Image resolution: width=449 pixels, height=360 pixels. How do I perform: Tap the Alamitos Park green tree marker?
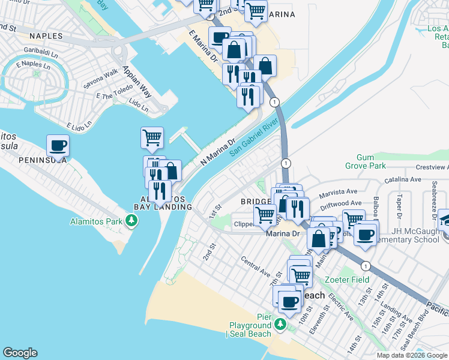pyautogui.click(x=131, y=221)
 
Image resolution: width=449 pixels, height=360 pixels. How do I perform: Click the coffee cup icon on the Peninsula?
pyautogui.click(x=58, y=146)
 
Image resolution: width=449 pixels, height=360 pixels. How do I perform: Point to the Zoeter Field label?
pyautogui.click(x=347, y=280)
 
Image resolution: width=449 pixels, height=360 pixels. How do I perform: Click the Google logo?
pyautogui.click(x=20, y=353)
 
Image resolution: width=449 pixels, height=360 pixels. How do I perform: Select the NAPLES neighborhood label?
pyautogui.click(x=44, y=36)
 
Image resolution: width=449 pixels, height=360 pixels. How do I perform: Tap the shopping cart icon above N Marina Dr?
pyautogui.click(x=152, y=137)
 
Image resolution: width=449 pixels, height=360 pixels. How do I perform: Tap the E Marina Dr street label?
pyautogui.click(x=203, y=47)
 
